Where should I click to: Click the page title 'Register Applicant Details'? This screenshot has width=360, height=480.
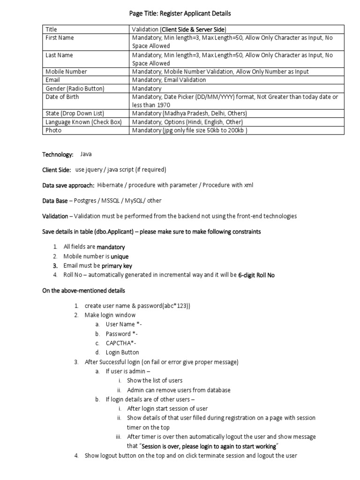point(180,14)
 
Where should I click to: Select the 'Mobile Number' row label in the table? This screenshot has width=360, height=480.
point(66,72)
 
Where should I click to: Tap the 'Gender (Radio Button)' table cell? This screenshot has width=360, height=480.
point(75,89)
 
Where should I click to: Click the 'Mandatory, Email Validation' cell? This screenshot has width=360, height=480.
point(169,80)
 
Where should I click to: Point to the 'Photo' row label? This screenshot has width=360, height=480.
point(53,130)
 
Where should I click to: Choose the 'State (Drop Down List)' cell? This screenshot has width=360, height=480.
point(75,113)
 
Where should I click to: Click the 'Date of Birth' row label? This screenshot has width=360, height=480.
point(62,97)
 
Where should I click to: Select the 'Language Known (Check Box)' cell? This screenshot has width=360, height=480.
point(83,122)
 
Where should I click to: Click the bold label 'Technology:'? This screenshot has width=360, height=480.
point(58,154)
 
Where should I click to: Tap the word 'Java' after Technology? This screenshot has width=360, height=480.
point(86,154)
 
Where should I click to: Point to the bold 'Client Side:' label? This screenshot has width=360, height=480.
point(57,170)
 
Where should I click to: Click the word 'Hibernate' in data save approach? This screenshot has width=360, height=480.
point(111,185)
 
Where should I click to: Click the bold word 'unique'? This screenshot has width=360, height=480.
point(120,256)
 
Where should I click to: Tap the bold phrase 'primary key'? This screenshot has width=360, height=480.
point(117,266)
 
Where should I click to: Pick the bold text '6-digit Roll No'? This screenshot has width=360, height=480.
point(256,275)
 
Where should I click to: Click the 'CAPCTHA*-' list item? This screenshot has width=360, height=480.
point(121,343)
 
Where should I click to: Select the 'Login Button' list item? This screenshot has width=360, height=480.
point(122,352)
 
